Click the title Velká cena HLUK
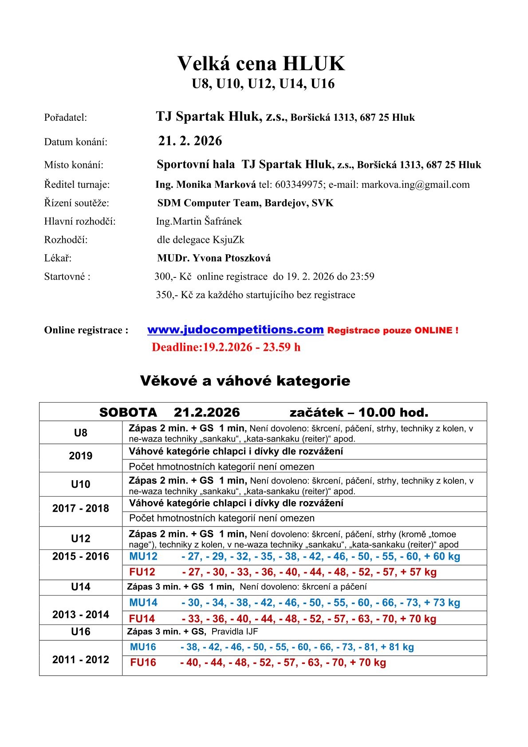pyautogui.click(x=261, y=64)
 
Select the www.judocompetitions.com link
pyautogui.click(x=235, y=330)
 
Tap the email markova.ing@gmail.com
pyautogui.click(x=415, y=185)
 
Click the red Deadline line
pyautogui.click(x=226, y=347)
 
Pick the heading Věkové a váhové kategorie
pyautogui.click(x=245, y=381)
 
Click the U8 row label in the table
pyautogui.click(x=80, y=433)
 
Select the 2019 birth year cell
pyautogui.click(x=80, y=456)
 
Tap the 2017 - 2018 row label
pyautogui.click(x=80, y=508)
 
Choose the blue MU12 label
pyautogui.click(x=143, y=557)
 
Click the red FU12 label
pyautogui.click(x=142, y=572)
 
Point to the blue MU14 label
pyautogui.click(x=143, y=603)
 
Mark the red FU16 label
pyautogui.click(x=143, y=663)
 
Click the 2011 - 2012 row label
pyautogui.click(x=80, y=660)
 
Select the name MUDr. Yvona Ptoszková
pyautogui.click(x=213, y=258)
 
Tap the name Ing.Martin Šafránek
pyautogui.click(x=199, y=221)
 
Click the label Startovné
pyautogui.click(x=67, y=277)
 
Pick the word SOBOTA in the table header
pyautogui.click(x=128, y=412)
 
